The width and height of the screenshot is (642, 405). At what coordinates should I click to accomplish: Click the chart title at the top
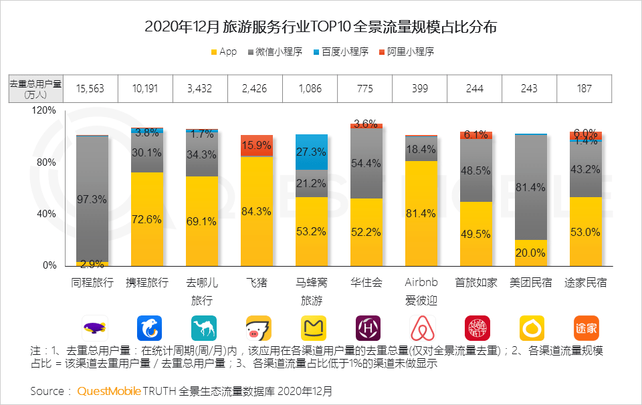(x=321, y=27)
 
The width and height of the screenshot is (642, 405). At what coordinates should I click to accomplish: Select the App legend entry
(x=223, y=51)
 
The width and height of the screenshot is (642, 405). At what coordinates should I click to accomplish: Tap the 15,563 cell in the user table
(x=90, y=88)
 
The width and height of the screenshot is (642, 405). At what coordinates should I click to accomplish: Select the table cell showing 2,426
(x=254, y=88)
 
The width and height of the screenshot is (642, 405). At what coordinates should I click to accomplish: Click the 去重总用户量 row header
(x=35, y=88)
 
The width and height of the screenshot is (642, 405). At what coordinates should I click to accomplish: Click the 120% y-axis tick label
(x=43, y=111)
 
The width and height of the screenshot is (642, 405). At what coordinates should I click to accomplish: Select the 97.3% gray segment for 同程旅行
(x=92, y=199)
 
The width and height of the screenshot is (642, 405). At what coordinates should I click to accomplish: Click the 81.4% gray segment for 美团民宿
(x=531, y=187)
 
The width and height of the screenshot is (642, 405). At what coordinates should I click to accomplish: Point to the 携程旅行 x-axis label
(x=147, y=282)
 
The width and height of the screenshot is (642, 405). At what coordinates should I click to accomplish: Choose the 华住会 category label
(x=366, y=282)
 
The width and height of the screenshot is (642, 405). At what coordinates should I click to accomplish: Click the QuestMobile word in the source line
(x=108, y=391)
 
